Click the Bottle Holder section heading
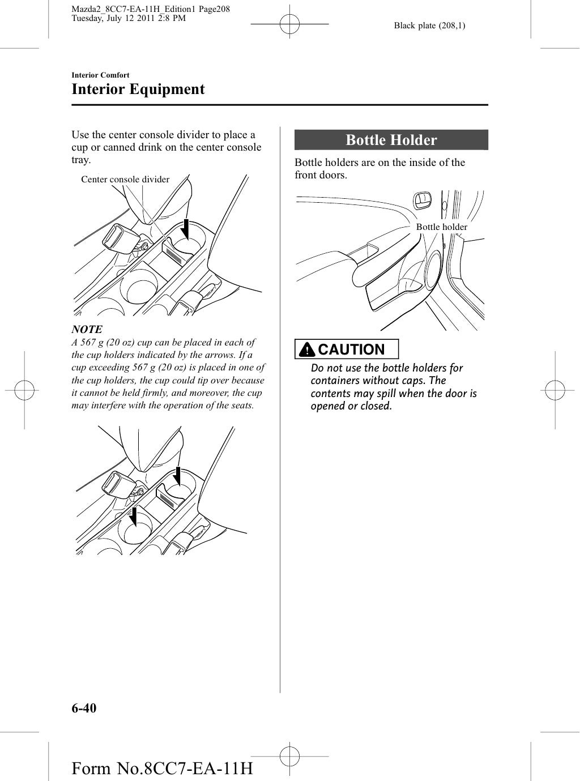point(391,140)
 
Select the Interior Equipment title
point(138,89)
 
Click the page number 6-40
point(84,708)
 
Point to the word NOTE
point(87,329)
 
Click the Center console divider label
point(125,180)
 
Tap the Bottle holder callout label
point(441,227)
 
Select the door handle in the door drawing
point(422,200)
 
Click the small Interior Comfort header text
point(100,75)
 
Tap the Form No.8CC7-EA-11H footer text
point(162,769)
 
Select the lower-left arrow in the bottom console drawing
point(134,516)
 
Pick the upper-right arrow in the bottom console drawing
point(177,476)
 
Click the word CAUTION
point(351,349)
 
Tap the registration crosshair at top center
point(289,25)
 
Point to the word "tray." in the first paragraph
point(81,160)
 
